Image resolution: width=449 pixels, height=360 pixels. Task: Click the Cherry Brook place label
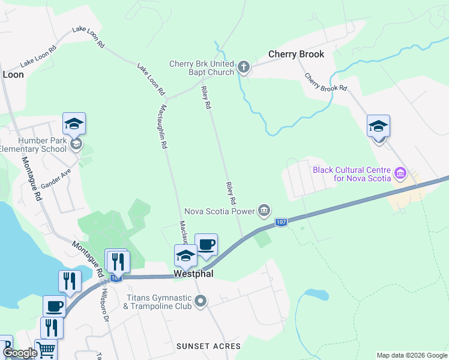(296, 54)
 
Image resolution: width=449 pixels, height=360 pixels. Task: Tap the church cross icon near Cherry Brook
(244, 67)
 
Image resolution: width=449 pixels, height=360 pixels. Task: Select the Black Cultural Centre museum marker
(400, 174)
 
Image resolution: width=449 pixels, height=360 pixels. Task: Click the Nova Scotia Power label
(219, 211)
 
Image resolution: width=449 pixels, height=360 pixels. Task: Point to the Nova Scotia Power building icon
(264, 210)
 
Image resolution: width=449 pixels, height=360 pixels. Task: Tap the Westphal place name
(193, 273)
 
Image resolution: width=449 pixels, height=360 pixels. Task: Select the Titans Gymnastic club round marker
(201, 301)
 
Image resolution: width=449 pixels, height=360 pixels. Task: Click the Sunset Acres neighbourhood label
(208, 346)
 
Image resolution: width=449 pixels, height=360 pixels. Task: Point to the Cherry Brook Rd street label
(325, 82)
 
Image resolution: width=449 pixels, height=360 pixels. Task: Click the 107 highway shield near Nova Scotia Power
(281, 223)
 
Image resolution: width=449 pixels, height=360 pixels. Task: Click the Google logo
(20, 353)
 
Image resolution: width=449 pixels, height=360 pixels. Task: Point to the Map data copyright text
(412, 355)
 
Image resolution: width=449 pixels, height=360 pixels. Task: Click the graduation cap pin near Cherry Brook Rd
(378, 127)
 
